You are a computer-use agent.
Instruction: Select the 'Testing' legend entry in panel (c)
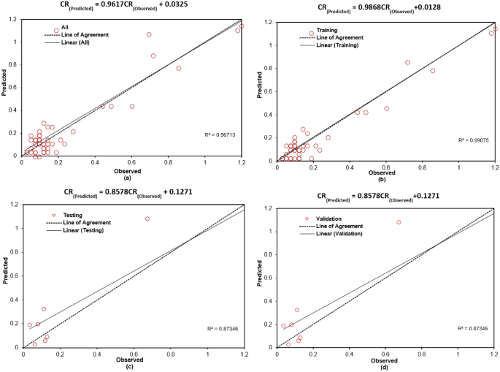coord(72,215)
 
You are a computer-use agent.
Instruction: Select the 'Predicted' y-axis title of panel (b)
coord(260,86)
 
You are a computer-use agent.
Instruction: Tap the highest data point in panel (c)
coord(147,219)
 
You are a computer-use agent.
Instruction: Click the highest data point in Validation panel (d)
coord(399,222)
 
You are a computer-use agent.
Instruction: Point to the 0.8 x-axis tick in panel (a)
coord(169,163)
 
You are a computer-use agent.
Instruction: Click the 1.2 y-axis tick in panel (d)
coord(268,210)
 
